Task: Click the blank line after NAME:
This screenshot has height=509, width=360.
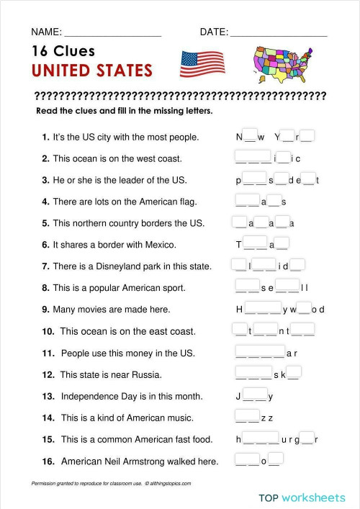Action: coord(113,32)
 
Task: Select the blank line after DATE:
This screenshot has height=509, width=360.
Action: coord(279,32)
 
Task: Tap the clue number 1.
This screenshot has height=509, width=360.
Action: coord(45,137)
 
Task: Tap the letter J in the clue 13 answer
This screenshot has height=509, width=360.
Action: coord(238,396)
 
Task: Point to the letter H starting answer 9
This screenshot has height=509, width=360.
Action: coord(239,310)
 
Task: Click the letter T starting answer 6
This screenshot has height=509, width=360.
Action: coord(238,245)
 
